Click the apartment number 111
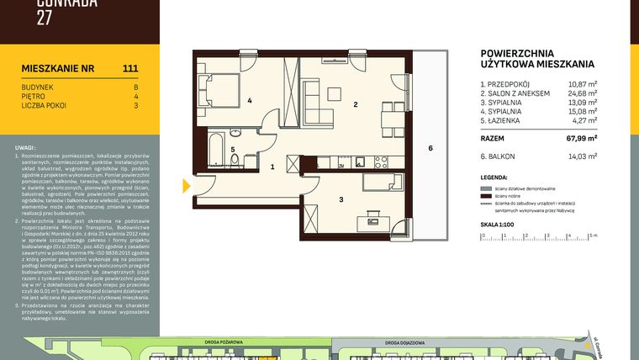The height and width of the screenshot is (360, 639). (x=130, y=69)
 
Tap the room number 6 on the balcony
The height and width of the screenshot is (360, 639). (x=430, y=149)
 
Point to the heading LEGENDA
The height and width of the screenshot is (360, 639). (x=494, y=178)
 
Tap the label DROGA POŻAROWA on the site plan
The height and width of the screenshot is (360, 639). (x=223, y=342)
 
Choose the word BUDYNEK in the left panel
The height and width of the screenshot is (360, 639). (x=38, y=87)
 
